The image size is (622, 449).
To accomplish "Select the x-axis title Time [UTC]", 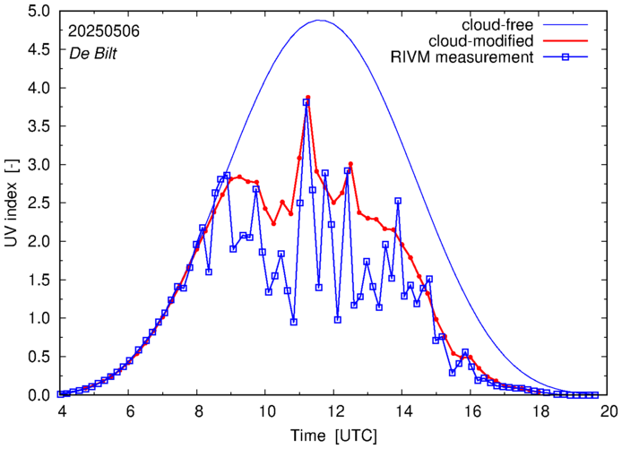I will pyautogui.click(x=333, y=436).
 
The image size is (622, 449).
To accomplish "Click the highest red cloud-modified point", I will pyautogui.click(x=307, y=97).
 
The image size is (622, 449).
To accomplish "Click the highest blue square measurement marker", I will pyautogui.click(x=306, y=102).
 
